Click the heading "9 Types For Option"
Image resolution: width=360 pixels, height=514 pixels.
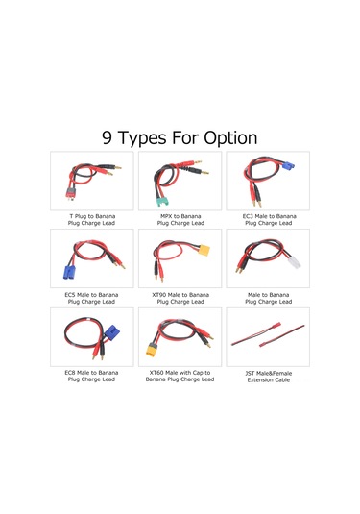pyautogui.click(x=180, y=137)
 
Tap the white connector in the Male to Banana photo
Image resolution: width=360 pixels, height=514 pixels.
pyautogui.click(x=292, y=261)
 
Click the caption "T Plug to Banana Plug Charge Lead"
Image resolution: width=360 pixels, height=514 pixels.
pyautogui.click(x=93, y=222)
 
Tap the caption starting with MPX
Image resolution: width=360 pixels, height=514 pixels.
pyautogui.click(x=180, y=222)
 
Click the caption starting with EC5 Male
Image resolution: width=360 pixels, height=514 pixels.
pyautogui.click(x=93, y=298)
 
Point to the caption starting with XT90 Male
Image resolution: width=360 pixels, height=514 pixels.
pyautogui.click(x=180, y=298)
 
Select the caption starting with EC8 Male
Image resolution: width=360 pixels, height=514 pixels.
pyautogui.click(x=93, y=375)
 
